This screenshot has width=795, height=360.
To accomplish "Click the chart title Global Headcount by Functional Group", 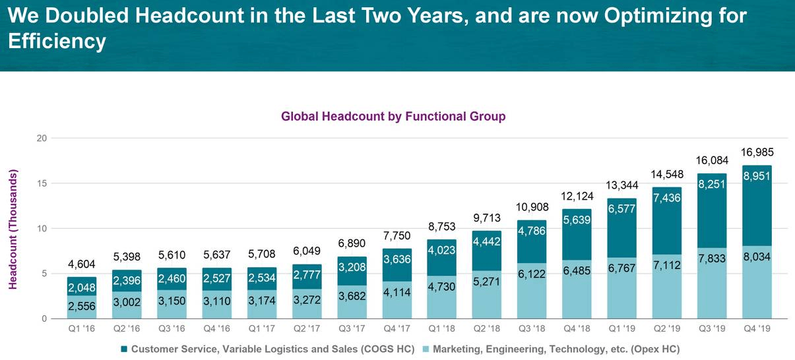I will (x=393, y=117).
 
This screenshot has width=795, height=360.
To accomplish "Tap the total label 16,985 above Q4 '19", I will (x=753, y=153).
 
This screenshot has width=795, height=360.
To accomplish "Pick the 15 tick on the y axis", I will (x=42, y=183).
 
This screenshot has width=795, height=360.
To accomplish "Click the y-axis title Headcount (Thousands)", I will (x=13, y=229).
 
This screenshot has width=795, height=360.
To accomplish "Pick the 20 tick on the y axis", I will (x=42, y=138).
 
